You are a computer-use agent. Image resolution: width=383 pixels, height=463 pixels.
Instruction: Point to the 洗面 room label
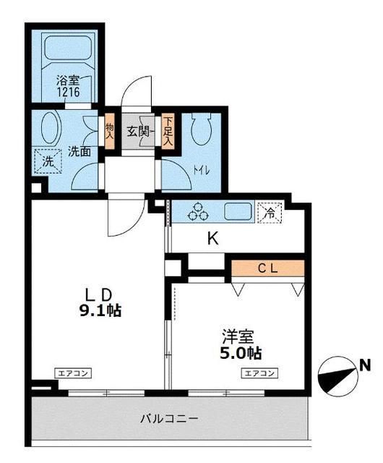click(x=79, y=152)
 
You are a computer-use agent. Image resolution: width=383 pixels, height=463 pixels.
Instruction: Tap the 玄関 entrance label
click(x=138, y=132)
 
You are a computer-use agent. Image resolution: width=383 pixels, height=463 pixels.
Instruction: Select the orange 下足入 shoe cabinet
click(x=168, y=131)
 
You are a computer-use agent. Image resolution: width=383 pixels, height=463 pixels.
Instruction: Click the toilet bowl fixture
click(x=202, y=130)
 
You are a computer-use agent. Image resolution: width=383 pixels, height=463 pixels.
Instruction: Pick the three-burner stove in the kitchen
click(x=199, y=213)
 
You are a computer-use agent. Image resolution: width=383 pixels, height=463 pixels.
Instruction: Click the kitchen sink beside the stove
click(x=238, y=213)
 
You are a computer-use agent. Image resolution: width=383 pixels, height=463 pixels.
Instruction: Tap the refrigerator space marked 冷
click(x=269, y=213)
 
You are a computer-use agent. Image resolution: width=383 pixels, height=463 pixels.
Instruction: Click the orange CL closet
click(x=268, y=268)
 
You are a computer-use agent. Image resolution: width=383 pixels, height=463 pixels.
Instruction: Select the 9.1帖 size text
click(x=99, y=312)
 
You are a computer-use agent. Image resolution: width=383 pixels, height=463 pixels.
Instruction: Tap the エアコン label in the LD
click(x=72, y=373)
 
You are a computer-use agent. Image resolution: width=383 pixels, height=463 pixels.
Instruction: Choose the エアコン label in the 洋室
click(x=259, y=373)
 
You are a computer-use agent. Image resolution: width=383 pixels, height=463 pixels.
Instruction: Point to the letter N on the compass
click(x=366, y=365)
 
